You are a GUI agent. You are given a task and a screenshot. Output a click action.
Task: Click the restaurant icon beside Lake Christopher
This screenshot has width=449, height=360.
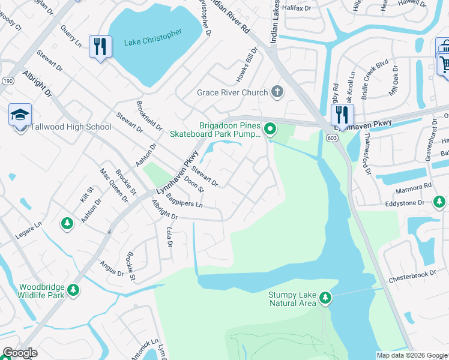(100, 47)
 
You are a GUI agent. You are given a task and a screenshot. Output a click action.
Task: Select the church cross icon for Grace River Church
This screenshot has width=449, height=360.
(276, 92)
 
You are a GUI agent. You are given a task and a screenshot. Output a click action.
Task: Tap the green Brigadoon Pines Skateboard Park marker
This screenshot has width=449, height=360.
(270, 128)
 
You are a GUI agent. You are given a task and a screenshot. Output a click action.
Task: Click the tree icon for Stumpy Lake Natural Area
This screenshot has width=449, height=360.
(325, 297)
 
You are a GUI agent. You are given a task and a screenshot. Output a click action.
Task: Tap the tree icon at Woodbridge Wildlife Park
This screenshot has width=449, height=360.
(73, 290)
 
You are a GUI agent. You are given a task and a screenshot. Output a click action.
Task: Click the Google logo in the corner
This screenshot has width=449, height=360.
(20, 353)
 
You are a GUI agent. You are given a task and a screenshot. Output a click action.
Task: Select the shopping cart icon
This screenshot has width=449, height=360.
(444, 63)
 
